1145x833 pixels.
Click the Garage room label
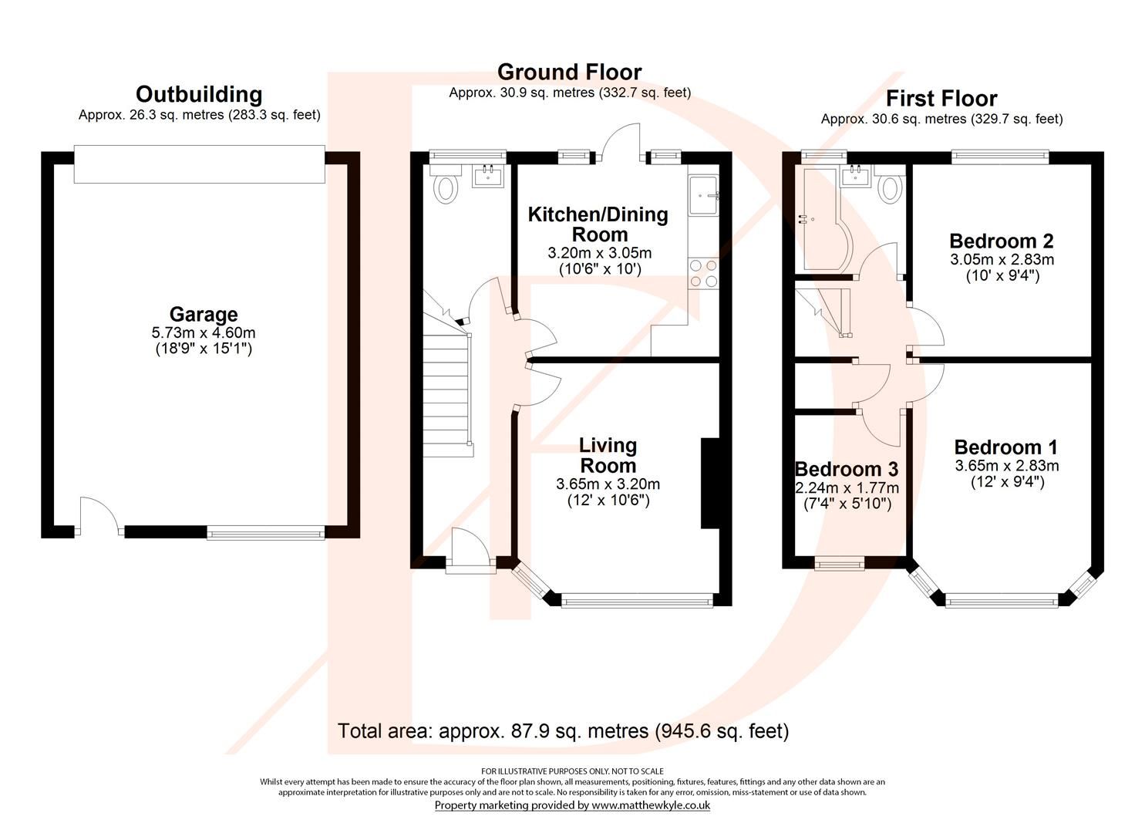[x=204, y=315]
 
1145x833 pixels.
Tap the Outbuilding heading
[x=199, y=94]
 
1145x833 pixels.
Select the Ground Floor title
[x=569, y=72]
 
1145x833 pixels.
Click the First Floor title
[x=941, y=99]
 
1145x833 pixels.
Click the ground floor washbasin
[x=487, y=176]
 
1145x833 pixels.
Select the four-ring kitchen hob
[x=703, y=273]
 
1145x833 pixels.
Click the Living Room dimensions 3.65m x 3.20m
[x=608, y=484]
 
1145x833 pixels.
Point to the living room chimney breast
[x=709, y=483]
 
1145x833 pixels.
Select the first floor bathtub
[x=827, y=220]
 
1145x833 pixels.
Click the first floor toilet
[x=890, y=188]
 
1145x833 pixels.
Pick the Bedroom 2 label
[x=1001, y=241]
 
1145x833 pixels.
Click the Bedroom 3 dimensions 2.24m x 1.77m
[x=847, y=487]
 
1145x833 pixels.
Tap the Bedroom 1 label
[x=1005, y=447]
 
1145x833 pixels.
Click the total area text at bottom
[x=563, y=730]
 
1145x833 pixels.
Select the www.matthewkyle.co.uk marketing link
[x=650, y=805]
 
